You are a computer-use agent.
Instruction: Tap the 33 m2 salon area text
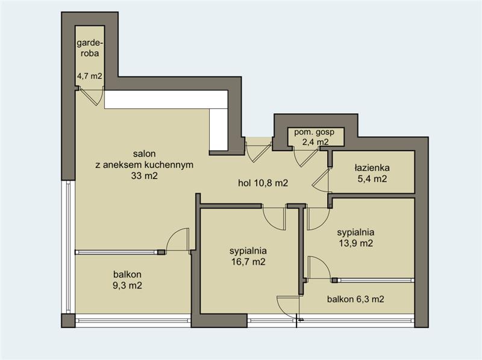pyautogui.click(x=145, y=176)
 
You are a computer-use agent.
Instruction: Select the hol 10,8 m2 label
pyautogui.click(x=263, y=183)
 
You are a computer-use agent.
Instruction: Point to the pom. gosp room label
pyautogui.click(x=314, y=132)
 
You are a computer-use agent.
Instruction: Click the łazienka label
pyautogui.click(x=372, y=168)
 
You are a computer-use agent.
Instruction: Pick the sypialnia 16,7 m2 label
pyautogui.click(x=248, y=256)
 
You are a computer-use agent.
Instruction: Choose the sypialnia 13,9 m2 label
pyautogui.click(x=355, y=238)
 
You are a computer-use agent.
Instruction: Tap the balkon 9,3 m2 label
pyautogui.click(x=127, y=279)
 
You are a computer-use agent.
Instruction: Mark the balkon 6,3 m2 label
pyautogui.click(x=355, y=299)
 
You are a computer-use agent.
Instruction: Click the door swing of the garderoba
pyautogui.click(x=92, y=96)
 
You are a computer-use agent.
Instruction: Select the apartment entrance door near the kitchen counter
pyautogui.click(x=259, y=152)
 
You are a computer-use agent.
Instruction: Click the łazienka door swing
pyautogui.click(x=321, y=180)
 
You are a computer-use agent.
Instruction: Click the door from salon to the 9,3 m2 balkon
pyautogui.click(x=177, y=240)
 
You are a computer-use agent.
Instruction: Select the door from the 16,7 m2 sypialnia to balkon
pyautogui.click(x=288, y=307)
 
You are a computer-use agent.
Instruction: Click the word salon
pyautogui.click(x=144, y=154)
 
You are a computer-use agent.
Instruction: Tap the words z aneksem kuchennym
pyautogui.click(x=145, y=164)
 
